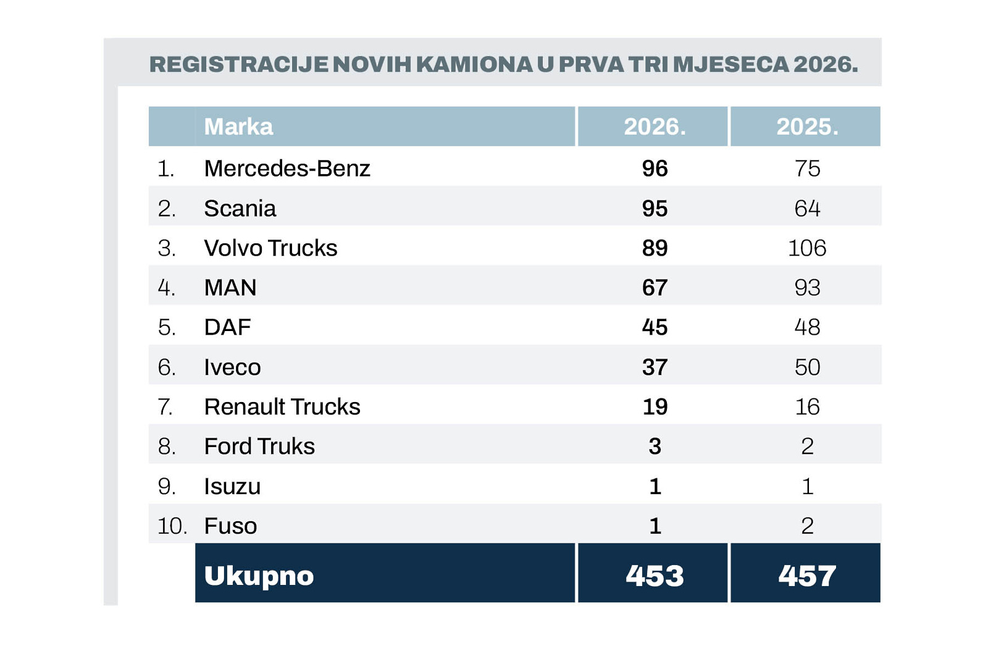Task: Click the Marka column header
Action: click(238, 127)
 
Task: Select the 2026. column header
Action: click(655, 127)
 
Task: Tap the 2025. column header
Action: click(807, 127)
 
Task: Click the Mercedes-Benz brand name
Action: click(287, 169)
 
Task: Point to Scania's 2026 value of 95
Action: click(655, 209)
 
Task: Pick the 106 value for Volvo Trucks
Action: click(807, 248)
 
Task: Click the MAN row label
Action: click(230, 288)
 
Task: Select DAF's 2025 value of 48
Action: click(807, 327)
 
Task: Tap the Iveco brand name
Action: click(232, 367)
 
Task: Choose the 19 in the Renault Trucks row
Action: click(655, 407)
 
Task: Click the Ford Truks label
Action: click(259, 447)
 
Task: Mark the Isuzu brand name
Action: click(232, 487)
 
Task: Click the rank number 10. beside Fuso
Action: click(172, 526)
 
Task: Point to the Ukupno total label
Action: click(259, 576)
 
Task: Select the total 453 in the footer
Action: click(655, 576)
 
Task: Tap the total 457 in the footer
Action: click(807, 576)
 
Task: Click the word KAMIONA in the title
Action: click(474, 64)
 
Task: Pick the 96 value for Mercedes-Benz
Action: click(655, 169)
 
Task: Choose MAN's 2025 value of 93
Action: click(807, 288)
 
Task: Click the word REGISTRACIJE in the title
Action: click(239, 64)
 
